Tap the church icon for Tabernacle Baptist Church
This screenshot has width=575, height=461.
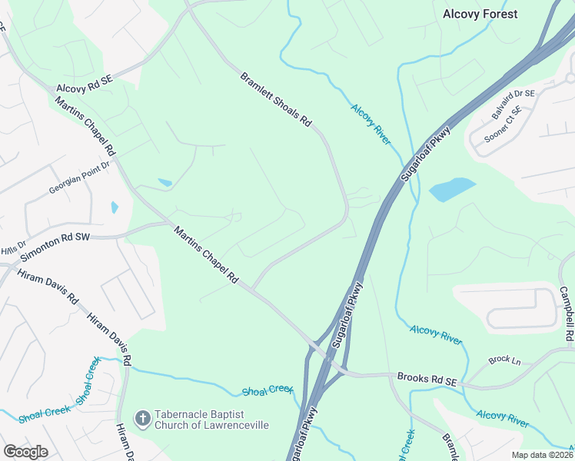(x=141, y=418)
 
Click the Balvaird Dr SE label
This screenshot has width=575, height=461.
(x=512, y=104)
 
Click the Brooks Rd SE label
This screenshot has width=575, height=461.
(x=427, y=377)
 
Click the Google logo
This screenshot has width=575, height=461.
(x=25, y=452)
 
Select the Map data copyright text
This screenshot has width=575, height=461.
(x=541, y=455)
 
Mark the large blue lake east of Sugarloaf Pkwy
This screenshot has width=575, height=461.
(x=452, y=189)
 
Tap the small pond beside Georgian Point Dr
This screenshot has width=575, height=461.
(x=115, y=207)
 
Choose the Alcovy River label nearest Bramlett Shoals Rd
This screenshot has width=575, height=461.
(x=371, y=123)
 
